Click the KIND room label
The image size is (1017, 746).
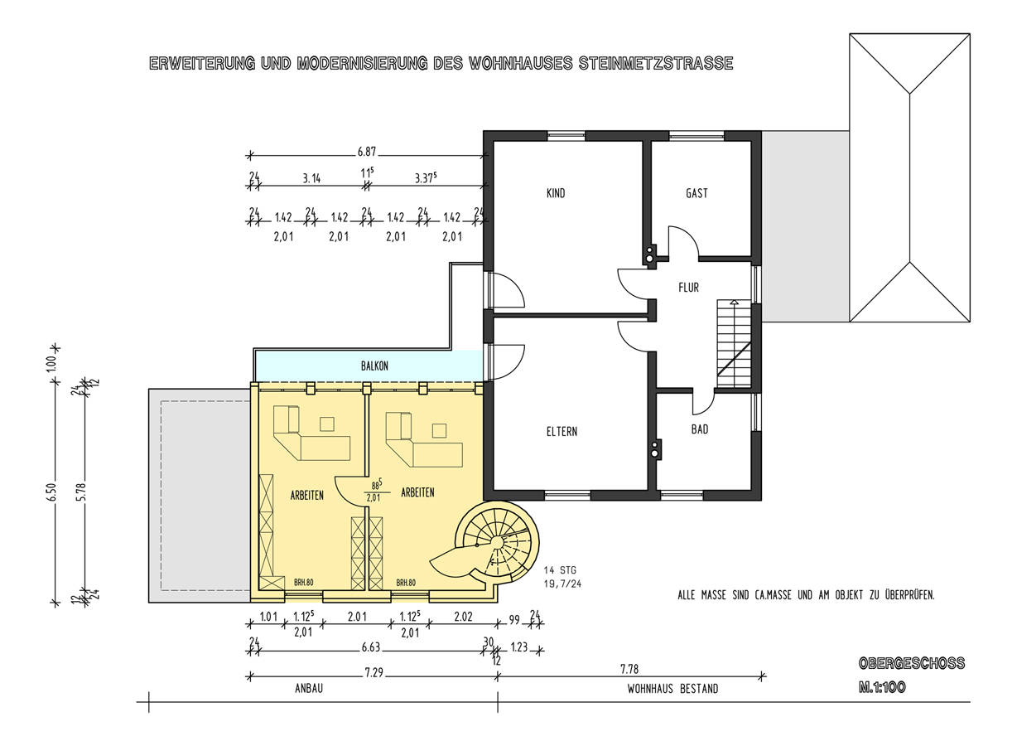click(x=556, y=193)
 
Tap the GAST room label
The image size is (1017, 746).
click(x=696, y=193)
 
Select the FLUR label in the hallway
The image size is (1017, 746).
click(x=688, y=287)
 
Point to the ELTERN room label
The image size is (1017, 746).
click(x=562, y=431)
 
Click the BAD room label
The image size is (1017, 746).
click(x=700, y=429)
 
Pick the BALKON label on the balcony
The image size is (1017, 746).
click(x=374, y=366)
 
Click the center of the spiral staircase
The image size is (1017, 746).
click(x=497, y=542)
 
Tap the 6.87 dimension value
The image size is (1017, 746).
click(x=367, y=152)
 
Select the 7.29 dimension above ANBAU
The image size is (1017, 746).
click(x=374, y=672)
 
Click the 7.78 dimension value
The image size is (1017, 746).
click(x=629, y=669)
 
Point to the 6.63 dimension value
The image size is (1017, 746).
click(x=370, y=647)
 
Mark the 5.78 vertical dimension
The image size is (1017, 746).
click(x=82, y=492)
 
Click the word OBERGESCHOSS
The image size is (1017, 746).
click(x=912, y=663)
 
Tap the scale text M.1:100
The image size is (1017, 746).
click(x=882, y=687)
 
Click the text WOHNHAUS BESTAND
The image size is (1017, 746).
click(x=672, y=689)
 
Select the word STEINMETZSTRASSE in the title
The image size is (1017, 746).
click(x=656, y=63)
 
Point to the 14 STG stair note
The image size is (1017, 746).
click(x=560, y=569)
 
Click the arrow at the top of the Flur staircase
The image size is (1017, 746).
click(x=734, y=302)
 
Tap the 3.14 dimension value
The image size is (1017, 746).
click(x=311, y=178)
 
